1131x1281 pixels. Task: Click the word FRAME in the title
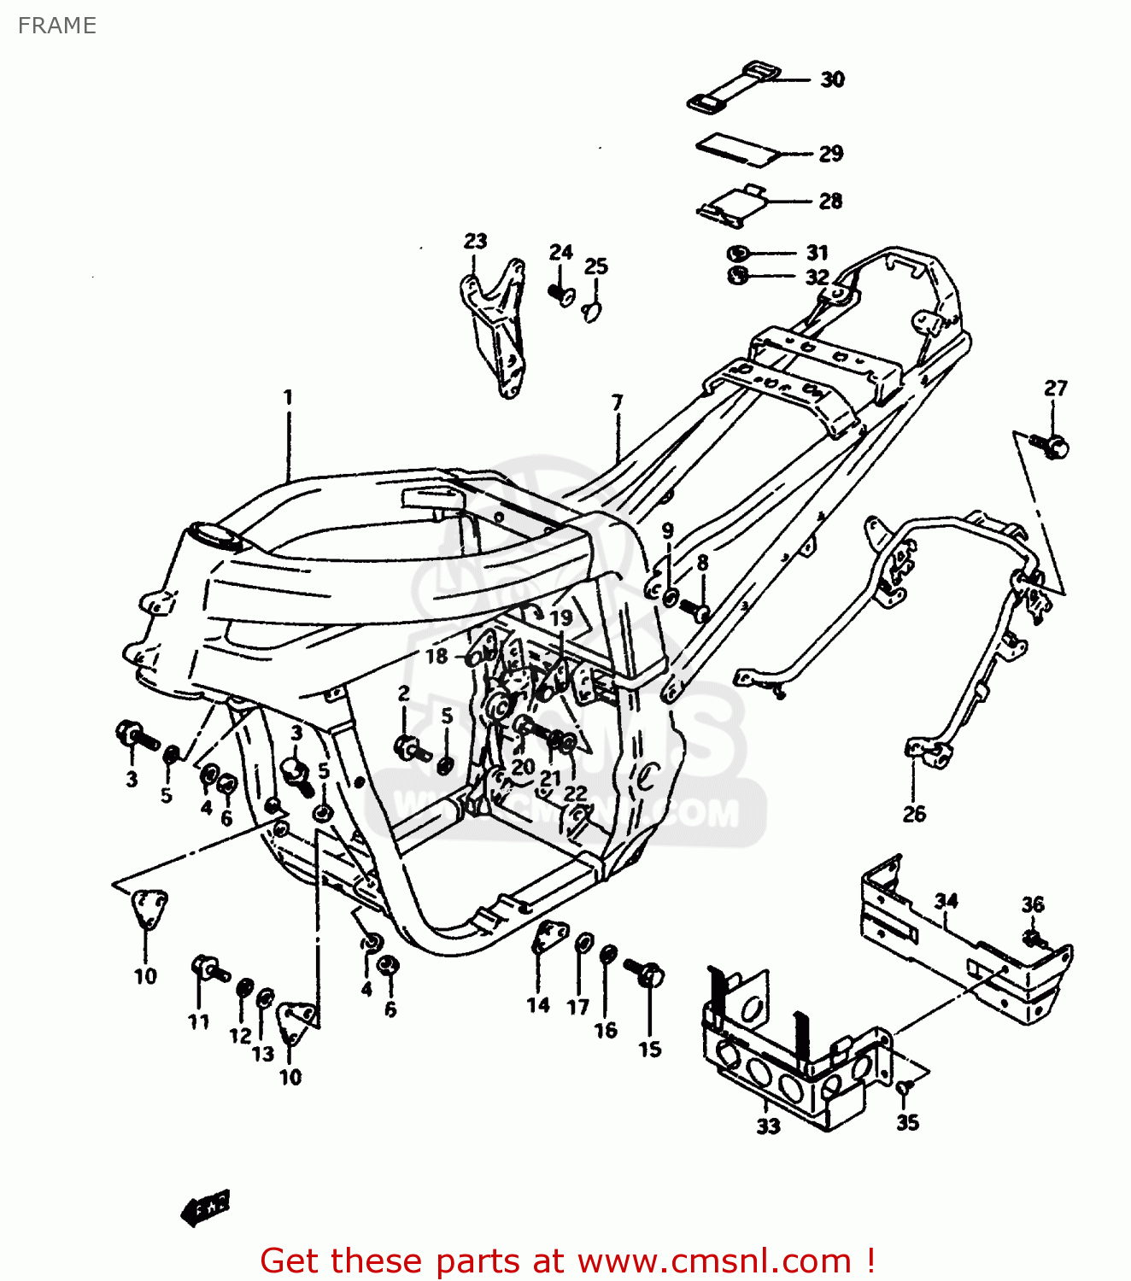click(56, 26)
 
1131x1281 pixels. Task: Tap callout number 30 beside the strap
click(832, 79)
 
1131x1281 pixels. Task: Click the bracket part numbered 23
click(497, 329)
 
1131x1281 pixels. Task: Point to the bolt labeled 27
click(1050, 444)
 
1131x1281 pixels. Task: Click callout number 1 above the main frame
click(288, 397)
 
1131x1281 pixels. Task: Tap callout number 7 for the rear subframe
click(617, 401)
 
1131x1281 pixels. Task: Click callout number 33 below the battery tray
click(768, 1126)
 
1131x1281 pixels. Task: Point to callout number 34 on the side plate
click(946, 901)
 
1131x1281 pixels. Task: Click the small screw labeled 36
click(1034, 939)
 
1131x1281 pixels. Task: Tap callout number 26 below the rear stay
click(913, 813)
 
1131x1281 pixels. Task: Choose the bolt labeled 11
click(208, 968)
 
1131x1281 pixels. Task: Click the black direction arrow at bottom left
click(206, 1207)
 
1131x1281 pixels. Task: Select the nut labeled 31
click(738, 253)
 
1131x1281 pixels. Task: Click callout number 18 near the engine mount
click(437, 656)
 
